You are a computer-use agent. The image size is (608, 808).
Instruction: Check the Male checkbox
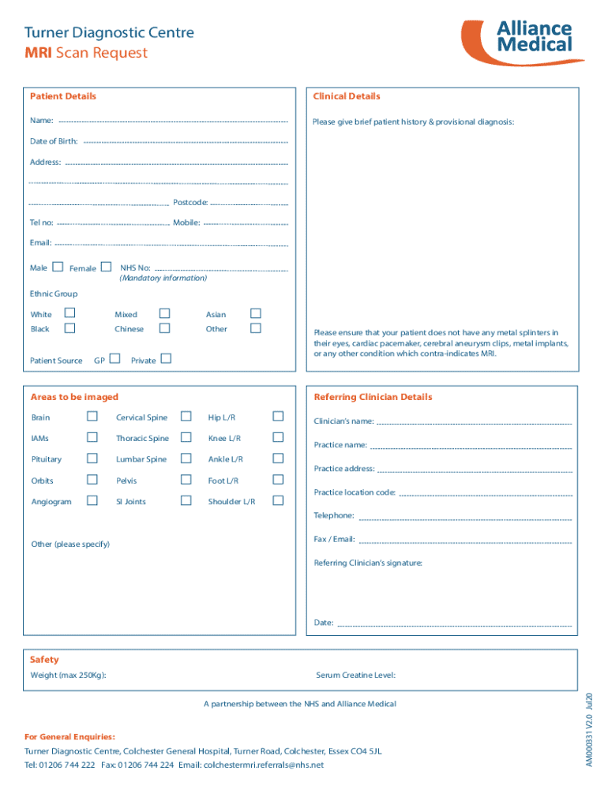click(58, 267)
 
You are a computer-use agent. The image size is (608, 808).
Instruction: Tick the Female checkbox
click(106, 267)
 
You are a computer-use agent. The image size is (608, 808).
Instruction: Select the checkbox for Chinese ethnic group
click(164, 328)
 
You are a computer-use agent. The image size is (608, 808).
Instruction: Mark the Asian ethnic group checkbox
click(256, 313)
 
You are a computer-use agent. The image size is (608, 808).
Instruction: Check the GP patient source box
click(115, 360)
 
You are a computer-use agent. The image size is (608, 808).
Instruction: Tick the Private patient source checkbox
click(166, 360)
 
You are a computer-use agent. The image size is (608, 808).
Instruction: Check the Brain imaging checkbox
click(92, 417)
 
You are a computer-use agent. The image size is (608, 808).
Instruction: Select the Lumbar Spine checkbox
click(186, 458)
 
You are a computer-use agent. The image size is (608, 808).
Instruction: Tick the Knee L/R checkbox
click(278, 438)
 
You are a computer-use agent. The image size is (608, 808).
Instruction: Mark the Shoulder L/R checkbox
click(278, 501)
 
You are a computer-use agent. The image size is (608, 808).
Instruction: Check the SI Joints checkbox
click(186, 501)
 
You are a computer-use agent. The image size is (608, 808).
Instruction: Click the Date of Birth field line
click(185, 143)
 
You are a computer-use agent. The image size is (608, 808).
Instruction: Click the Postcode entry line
click(249, 204)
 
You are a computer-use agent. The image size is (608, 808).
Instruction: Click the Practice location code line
click(486, 495)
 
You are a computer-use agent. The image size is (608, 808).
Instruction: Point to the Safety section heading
click(44, 660)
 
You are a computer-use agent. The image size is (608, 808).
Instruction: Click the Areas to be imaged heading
click(74, 397)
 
